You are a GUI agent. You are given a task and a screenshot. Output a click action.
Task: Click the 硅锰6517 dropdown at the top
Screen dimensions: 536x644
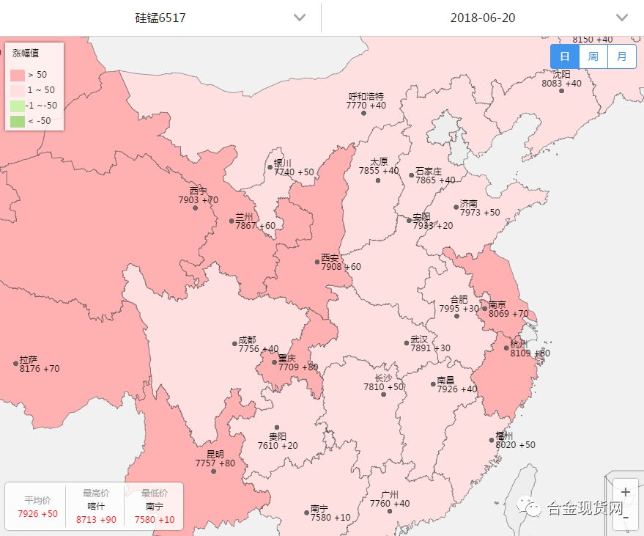[x=160, y=18]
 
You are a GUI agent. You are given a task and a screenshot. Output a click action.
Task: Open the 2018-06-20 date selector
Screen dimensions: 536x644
[x=482, y=18]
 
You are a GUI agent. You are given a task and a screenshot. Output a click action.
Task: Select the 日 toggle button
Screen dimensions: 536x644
[x=564, y=56]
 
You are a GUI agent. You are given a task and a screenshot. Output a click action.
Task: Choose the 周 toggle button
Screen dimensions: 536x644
[x=593, y=56]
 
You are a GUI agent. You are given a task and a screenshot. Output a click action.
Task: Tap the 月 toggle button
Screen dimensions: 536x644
[x=621, y=56]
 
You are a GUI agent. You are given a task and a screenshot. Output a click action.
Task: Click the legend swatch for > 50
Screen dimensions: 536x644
[x=18, y=75]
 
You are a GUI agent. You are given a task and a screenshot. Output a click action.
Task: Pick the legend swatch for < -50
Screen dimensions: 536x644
[x=18, y=121]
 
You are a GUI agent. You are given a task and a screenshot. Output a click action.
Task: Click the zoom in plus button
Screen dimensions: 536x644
[x=625, y=492]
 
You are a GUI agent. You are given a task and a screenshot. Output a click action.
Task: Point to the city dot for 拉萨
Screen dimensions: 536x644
[x=15, y=363]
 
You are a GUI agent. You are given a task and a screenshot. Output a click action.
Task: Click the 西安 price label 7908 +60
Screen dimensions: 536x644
[x=341, y=267]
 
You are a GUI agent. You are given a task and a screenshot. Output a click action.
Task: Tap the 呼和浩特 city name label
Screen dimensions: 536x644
[x=366, y=97]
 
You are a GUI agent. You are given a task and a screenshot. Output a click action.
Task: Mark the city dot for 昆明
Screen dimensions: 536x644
[x=213, y=471]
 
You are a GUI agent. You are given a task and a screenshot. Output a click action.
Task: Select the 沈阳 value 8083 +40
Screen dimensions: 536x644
[x=561, y=84]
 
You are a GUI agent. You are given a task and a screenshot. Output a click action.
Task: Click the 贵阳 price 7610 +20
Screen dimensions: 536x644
[x=278, y=446]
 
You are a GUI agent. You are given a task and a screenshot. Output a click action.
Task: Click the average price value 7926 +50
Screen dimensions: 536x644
[x=37, y=514]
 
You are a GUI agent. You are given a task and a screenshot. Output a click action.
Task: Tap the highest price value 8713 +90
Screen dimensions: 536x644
[x=96, y=520]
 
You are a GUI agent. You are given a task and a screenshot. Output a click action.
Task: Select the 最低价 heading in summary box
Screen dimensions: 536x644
[x=155, y=493]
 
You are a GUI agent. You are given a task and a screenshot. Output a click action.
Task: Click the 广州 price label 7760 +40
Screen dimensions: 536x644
[x=390, y=504]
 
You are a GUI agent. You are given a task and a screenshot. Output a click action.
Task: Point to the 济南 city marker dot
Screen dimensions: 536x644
[x=456, y=207]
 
